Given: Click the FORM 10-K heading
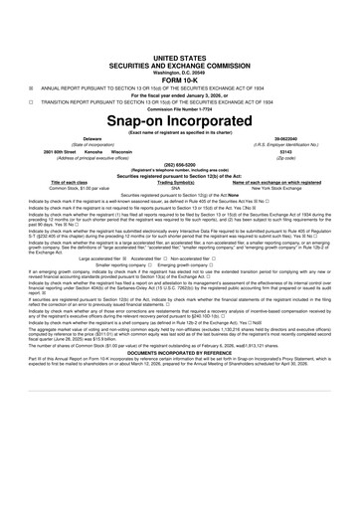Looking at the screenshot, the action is tap(179, 55).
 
